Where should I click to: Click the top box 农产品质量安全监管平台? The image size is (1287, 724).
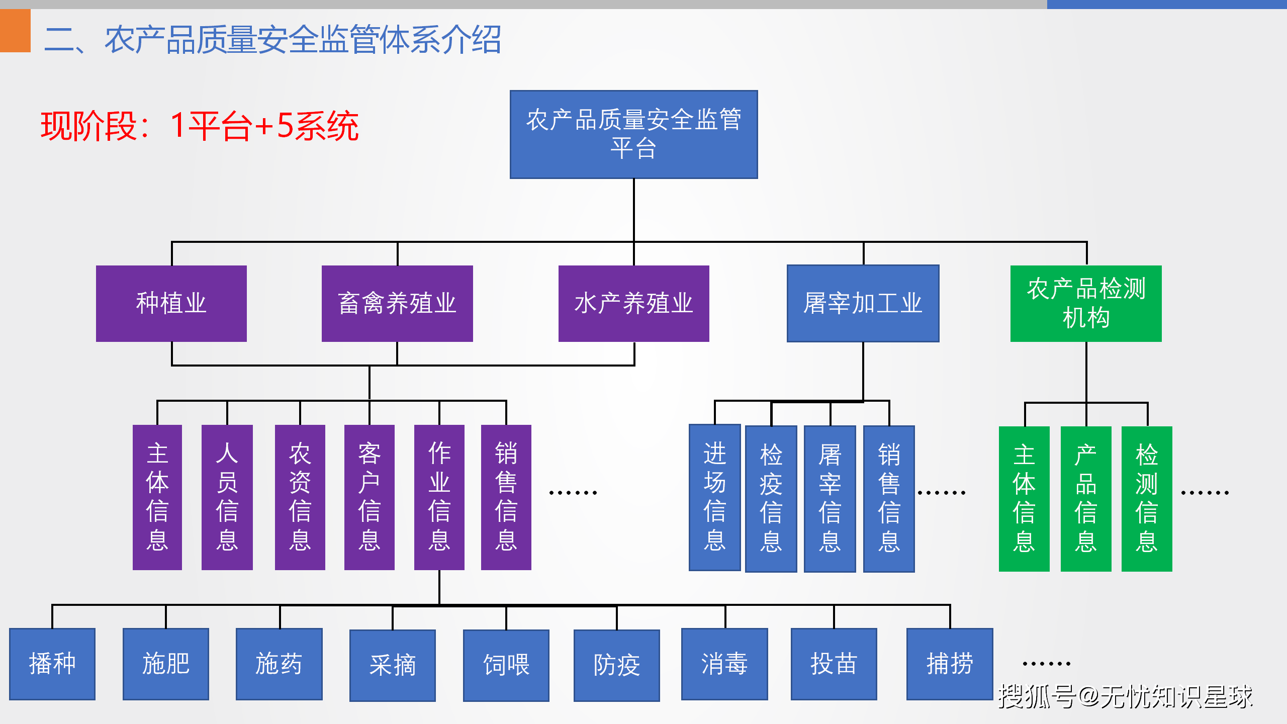pyautogui.click(x=633, y=134)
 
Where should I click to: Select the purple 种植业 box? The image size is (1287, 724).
pyautogui.click(x=171, y=304)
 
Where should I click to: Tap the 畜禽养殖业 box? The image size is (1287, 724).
pyautogui.click(x=397, y=304)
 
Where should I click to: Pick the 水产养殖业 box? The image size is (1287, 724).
pyautogui.click(x=634, y=304)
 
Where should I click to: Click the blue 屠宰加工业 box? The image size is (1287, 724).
pyautogui.click(x=863, y=304)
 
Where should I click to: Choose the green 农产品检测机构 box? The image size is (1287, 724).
pyautogui.click(x=1086, y=304)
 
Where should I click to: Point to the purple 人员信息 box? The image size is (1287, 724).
pyautogui.click(x=227, y=497)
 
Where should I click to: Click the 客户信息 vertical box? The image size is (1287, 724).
pyautogui.click(x=370, y=497)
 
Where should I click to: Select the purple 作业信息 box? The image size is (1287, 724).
pyautogui.click(x=439, y=497)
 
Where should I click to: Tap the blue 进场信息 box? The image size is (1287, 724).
pyautogui.click(x=715, y=497)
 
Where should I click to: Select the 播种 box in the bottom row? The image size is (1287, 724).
pyautogui.click(x=52, y=664)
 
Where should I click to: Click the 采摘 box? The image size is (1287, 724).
pyautogui.click(x=393, y=666)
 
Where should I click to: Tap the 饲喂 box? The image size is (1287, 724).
pyautogui.click(x=506, y=666)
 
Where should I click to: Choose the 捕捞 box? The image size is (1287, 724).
pyautogui.click(x=950, y=664)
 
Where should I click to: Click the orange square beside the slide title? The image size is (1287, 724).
pyautogui.click(x=15, y=31)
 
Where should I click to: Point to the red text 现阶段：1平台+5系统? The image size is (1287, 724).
pyautogui.click(x=200, y=126)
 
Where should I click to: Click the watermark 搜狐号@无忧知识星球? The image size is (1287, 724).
pyautogui.click(x=1125, y=697)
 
